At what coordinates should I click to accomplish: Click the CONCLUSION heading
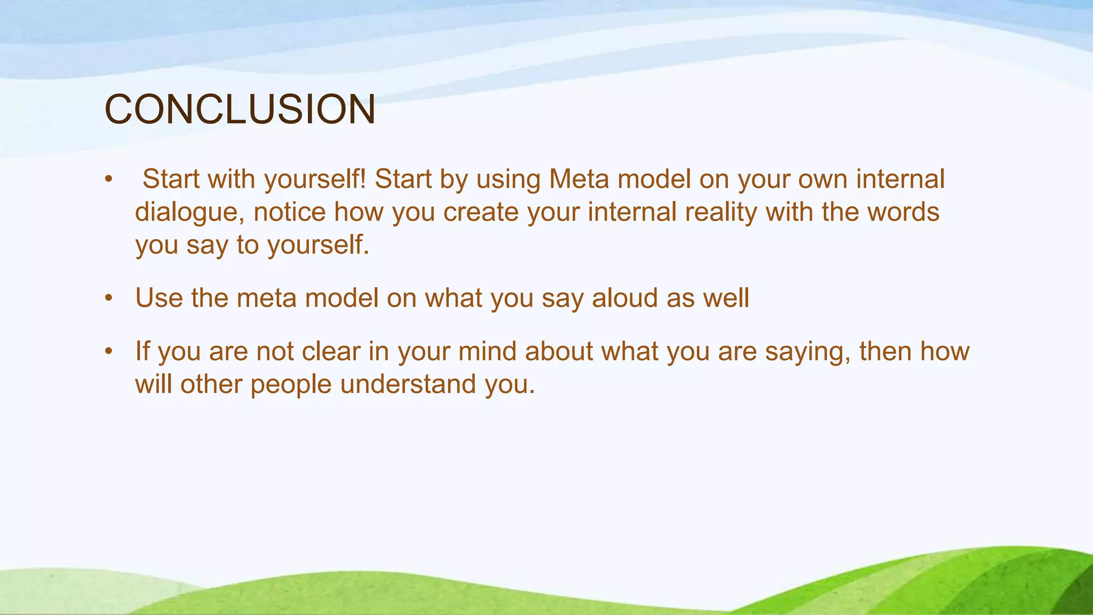(240, 109)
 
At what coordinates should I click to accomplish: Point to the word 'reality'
(721, 212)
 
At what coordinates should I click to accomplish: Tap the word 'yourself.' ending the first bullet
(318, 246)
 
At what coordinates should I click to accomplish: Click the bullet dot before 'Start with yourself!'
(109, 180)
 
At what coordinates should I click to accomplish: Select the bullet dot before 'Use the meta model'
(109, 298)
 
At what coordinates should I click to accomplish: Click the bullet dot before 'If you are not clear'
(109, 352)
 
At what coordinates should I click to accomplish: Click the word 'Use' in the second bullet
(159, 298)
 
